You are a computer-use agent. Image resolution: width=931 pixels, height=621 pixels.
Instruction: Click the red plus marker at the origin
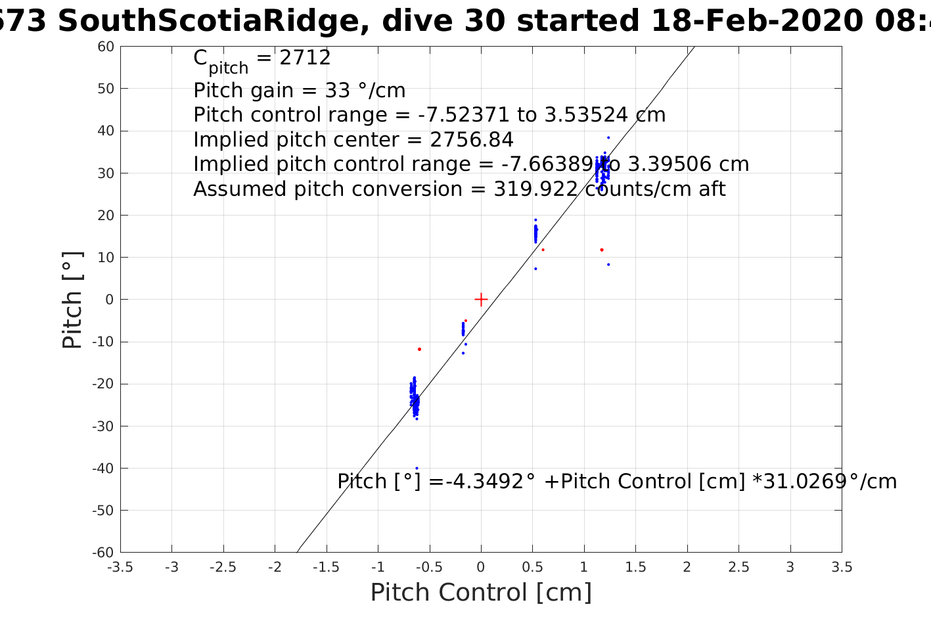point(481,299)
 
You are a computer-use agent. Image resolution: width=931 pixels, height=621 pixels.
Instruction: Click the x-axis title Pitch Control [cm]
point(481,592)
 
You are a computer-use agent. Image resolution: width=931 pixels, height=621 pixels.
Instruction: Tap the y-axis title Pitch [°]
point(72,300)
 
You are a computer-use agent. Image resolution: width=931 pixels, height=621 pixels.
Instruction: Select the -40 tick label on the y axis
point(103,469)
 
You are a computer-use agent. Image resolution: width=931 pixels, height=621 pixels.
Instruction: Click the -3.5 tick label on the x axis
point(120,567)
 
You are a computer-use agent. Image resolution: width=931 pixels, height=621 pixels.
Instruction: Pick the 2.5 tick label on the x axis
point(738,567)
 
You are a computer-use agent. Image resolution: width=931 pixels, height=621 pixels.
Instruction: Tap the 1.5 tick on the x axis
point(635,567)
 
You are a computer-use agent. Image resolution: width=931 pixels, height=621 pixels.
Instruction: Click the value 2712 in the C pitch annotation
point(305,58)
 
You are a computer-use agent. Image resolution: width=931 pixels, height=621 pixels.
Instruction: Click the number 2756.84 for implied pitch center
point(471,140)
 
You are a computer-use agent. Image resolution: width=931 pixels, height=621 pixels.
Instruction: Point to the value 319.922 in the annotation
point(526,189)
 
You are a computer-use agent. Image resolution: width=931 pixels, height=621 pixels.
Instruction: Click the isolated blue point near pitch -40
point(417,468)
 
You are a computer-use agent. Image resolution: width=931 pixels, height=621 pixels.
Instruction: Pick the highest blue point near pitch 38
point(608,137)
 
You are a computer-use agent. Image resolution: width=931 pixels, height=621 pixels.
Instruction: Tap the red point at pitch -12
point(419,349)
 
